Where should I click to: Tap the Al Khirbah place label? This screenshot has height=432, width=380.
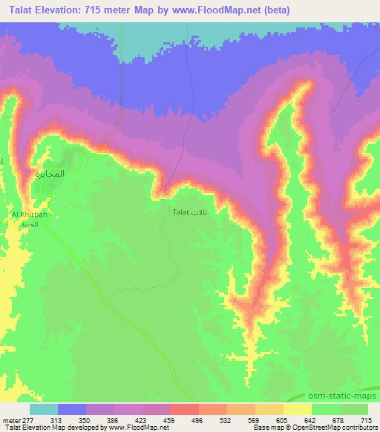[x=30, y=216]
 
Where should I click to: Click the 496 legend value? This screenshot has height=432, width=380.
[x=196, y=420]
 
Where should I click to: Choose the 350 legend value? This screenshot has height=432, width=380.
[x=87, y=420]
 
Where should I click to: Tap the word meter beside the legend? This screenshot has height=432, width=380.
[x=10, y=420]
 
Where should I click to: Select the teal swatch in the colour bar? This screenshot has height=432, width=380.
[x=44, y=409]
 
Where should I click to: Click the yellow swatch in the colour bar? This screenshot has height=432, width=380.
[x=298, y=409]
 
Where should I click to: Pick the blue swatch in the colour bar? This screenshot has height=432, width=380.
[x=72, y=409]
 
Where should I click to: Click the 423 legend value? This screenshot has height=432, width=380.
[x=142, y=420]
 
